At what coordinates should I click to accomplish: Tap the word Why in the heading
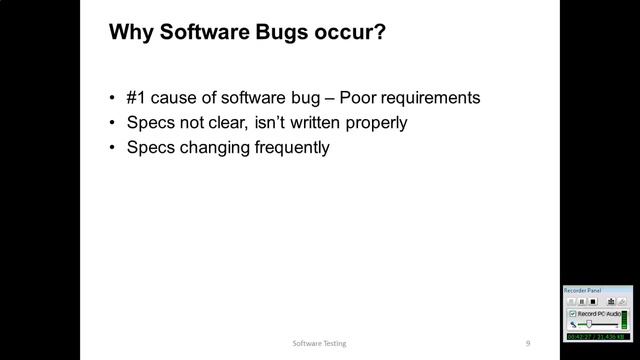(x=127, y=33)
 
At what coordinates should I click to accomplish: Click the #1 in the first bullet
(x=137, y=98)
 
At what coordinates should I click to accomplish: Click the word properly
(x=374, y=123)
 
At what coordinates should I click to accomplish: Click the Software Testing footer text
(x=321, y=342)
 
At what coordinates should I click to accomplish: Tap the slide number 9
(x=528, y=342)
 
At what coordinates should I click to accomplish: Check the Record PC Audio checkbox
(x=573, y=314)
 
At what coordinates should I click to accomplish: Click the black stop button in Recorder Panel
(x=593, y=301)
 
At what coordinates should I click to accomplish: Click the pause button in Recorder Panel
(x=582, y=301)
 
